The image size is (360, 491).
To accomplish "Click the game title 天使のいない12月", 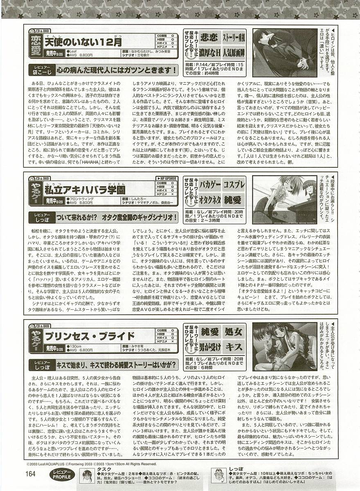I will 83,42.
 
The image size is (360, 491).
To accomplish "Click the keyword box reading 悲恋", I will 209,39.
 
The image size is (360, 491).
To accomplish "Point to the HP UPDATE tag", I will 167,178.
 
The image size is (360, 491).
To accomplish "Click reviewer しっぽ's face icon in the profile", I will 220,475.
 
